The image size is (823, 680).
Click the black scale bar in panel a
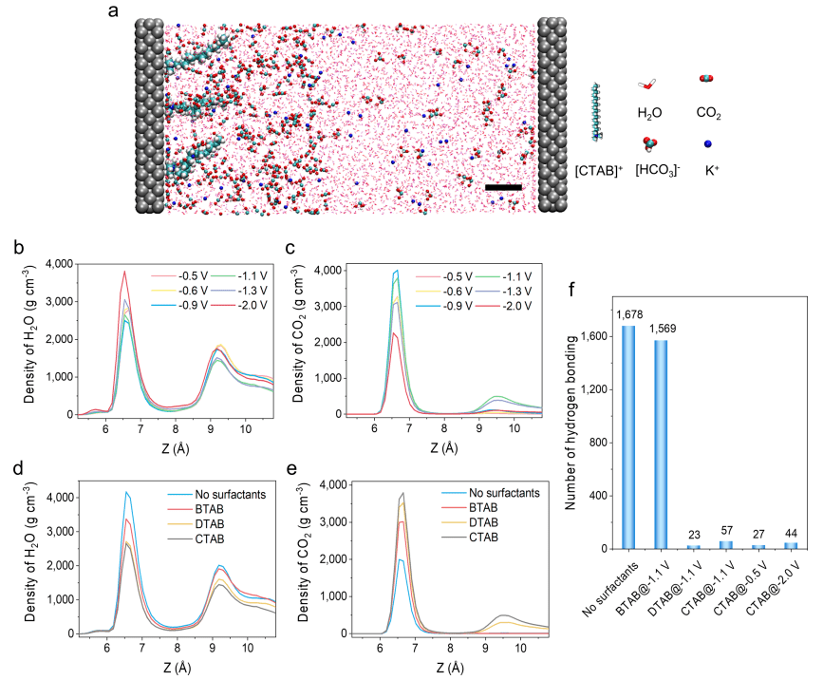tap(503, 187)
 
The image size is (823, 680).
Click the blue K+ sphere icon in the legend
tap(708, 144)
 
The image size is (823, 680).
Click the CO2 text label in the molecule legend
tap(708, 113)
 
